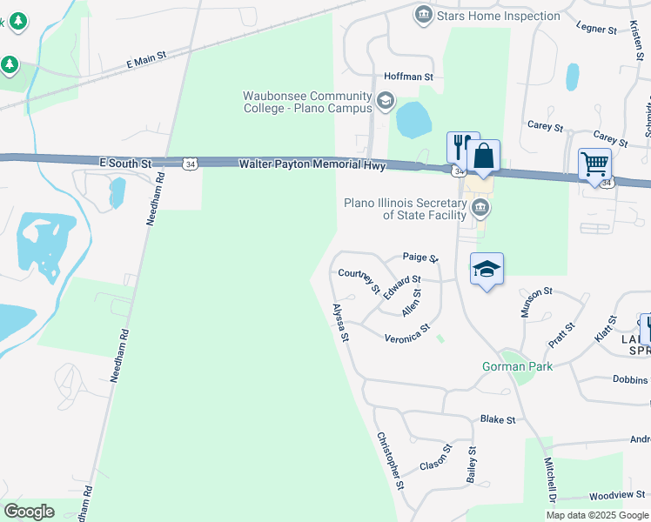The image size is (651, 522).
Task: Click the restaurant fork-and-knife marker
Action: point(461,145)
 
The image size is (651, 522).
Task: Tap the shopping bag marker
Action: point(484,157)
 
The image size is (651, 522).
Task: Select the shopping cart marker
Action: point(594,164)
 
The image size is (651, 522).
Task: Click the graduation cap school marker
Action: point(487,269)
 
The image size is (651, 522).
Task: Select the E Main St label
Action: point(145,59)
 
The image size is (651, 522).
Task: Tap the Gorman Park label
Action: point(517,366)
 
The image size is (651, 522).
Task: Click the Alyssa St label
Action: point(340,323)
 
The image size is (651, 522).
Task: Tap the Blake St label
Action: point(498,419)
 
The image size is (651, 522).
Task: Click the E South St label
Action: point(125,162)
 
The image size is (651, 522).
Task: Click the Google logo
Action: point(29,511)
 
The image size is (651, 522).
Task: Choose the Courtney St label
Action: point(359,280)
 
